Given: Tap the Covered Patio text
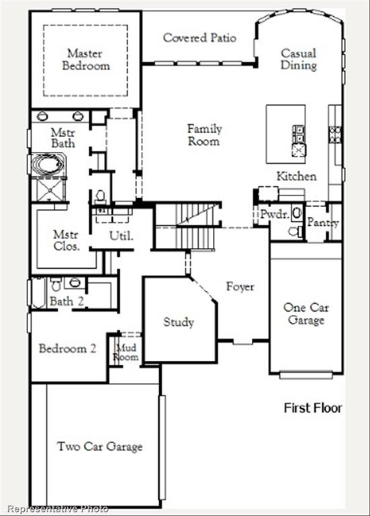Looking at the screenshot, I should pos(199,38).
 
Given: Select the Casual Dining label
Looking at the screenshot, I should pos(299,59).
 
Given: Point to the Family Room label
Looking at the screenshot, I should pos(204,134).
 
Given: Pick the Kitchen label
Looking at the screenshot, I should pos(296,176).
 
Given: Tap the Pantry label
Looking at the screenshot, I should pos(323,223).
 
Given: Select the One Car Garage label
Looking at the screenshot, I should pos(306,314).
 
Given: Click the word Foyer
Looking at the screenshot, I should pos(240,287).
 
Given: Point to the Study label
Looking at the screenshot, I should pos(179,322).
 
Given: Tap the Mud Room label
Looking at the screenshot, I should pos(127,352).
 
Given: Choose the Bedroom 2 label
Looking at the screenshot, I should pos(67,349).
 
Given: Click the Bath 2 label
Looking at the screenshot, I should pos(66,302).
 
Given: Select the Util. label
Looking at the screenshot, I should pos(122,236).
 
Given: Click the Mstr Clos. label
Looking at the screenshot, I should pos(66,241).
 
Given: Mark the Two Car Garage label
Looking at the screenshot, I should pos(99,446).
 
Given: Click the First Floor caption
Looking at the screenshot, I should pos(313,408).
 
